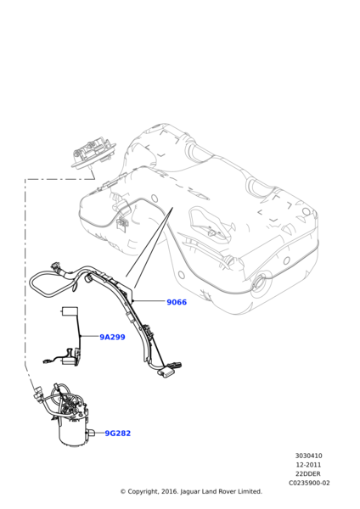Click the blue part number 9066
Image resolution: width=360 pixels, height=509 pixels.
(177, 302)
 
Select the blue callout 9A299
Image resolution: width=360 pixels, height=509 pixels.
(112, 337)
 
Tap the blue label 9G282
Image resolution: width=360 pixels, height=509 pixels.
(117, 433)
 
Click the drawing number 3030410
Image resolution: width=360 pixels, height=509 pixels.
(308, 456)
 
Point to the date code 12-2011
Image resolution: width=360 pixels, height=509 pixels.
(308, 465)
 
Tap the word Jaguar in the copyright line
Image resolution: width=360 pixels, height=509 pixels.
(184, 492)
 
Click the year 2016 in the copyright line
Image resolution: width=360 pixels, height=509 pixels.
(165, 492)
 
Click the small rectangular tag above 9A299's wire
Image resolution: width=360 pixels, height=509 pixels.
(69, 310)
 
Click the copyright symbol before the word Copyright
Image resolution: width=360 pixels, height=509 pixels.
(122, 492)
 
